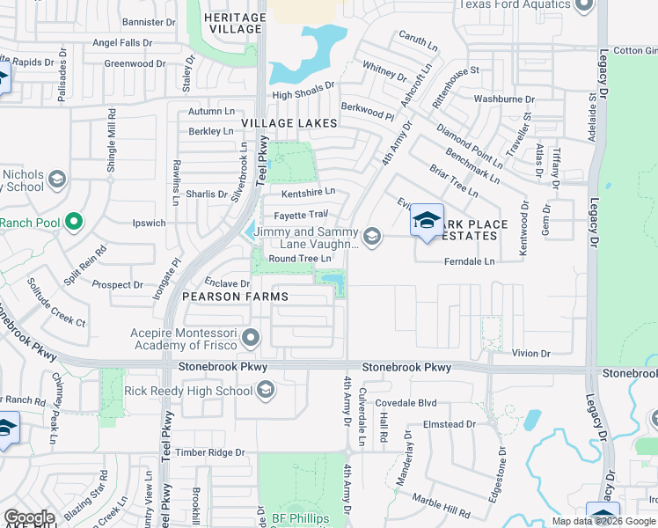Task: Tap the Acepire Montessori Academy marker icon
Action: [x=252, y=337]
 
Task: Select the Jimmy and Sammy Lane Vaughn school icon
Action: [x=373, y=236]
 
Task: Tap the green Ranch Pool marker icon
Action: [x=74, y=222]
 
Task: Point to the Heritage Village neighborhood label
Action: [x=234, y=23]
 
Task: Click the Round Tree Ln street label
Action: [x=299, y=259]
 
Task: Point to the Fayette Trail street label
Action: [x=301, y=214]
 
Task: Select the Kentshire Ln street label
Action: [x=308, y=192]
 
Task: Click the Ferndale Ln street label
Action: [x=470, y=261]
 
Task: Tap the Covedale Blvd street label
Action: [x=406, y=403]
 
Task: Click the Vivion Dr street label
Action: [x=531, y=353]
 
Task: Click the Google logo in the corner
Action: [x=29, y=517]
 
